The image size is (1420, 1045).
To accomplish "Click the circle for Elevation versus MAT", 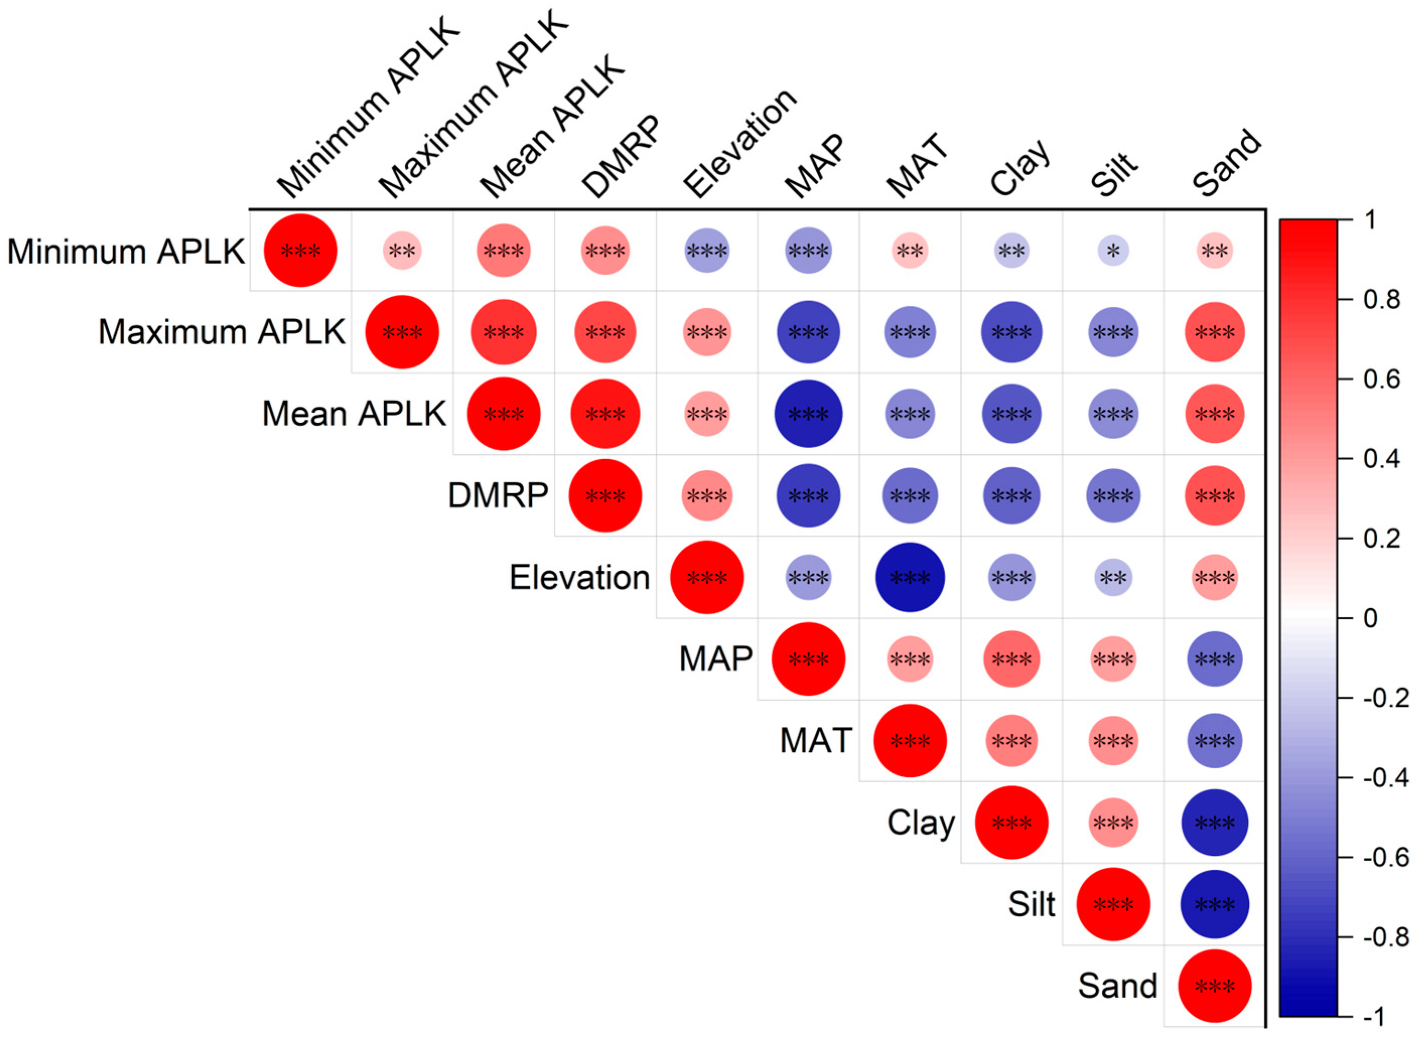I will [x=909, y=577].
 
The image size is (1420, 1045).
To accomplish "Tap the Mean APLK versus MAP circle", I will [x=808, y=414].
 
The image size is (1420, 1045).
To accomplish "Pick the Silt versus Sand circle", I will [x=1215, y=904].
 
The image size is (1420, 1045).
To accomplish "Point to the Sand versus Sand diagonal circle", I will [x=1215, y=986].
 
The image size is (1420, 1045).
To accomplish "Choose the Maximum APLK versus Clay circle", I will [x=1011, y=332].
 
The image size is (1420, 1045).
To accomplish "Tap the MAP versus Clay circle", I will [x=1011, y=658].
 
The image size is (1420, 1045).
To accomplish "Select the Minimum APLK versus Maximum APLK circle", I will [x=402, y=251].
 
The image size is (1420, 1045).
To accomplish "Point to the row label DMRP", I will [x=498, y=495].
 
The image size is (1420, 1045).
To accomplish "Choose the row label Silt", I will [x=1031, y=904].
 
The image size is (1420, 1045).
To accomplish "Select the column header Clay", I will [x=1020, y=168].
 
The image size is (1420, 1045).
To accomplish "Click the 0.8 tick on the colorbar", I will [x=1381, y=299].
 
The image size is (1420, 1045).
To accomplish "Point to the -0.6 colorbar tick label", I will [x=1386, y=857].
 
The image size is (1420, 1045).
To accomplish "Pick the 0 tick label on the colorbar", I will [x=1371, y=618].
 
